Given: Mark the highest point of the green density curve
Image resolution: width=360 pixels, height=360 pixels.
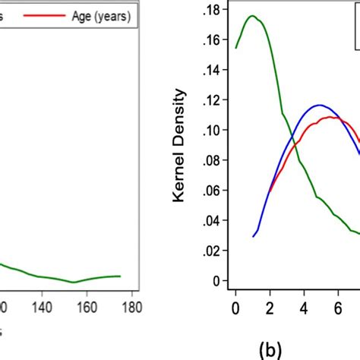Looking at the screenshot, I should click(253, 16).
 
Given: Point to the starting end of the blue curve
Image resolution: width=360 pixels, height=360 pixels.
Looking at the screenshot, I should click(254, 236).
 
